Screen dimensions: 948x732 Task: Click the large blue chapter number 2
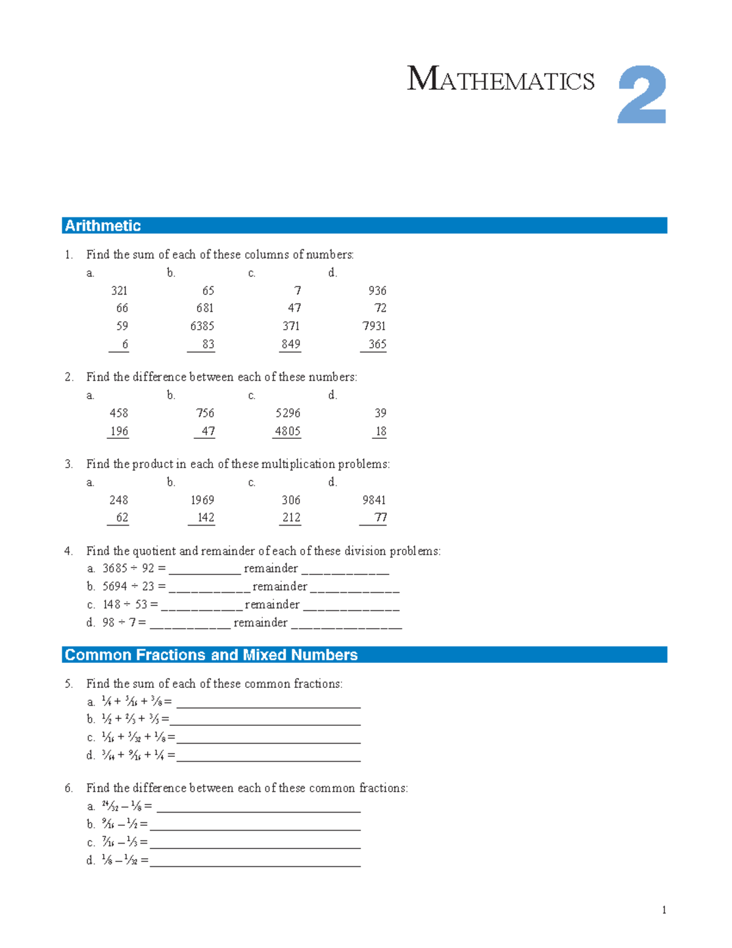click(641, 95)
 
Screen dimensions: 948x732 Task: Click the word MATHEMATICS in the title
click(500, 80)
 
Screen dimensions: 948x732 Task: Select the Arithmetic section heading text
click(102, 226)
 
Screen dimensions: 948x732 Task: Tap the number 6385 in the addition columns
click(202, 326)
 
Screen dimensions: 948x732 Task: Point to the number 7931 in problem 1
click(374, 326)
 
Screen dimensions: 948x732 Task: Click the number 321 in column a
click(119, 291)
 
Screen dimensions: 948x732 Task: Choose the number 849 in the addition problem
click(290, 344)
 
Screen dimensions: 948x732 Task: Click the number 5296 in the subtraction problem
click(287, 413)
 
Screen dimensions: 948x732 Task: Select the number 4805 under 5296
click(287, 432)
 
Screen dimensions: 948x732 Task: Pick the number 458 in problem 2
click(119, 413)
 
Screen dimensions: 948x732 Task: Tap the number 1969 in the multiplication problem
click(202, 501)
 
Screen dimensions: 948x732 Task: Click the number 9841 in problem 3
click(374, 501)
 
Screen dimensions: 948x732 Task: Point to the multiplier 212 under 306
click(291, 518)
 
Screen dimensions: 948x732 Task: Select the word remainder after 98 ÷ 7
click(260, 623)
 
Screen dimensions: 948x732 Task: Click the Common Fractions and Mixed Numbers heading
click(211, 655)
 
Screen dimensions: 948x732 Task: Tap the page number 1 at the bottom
click(664, 910)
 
